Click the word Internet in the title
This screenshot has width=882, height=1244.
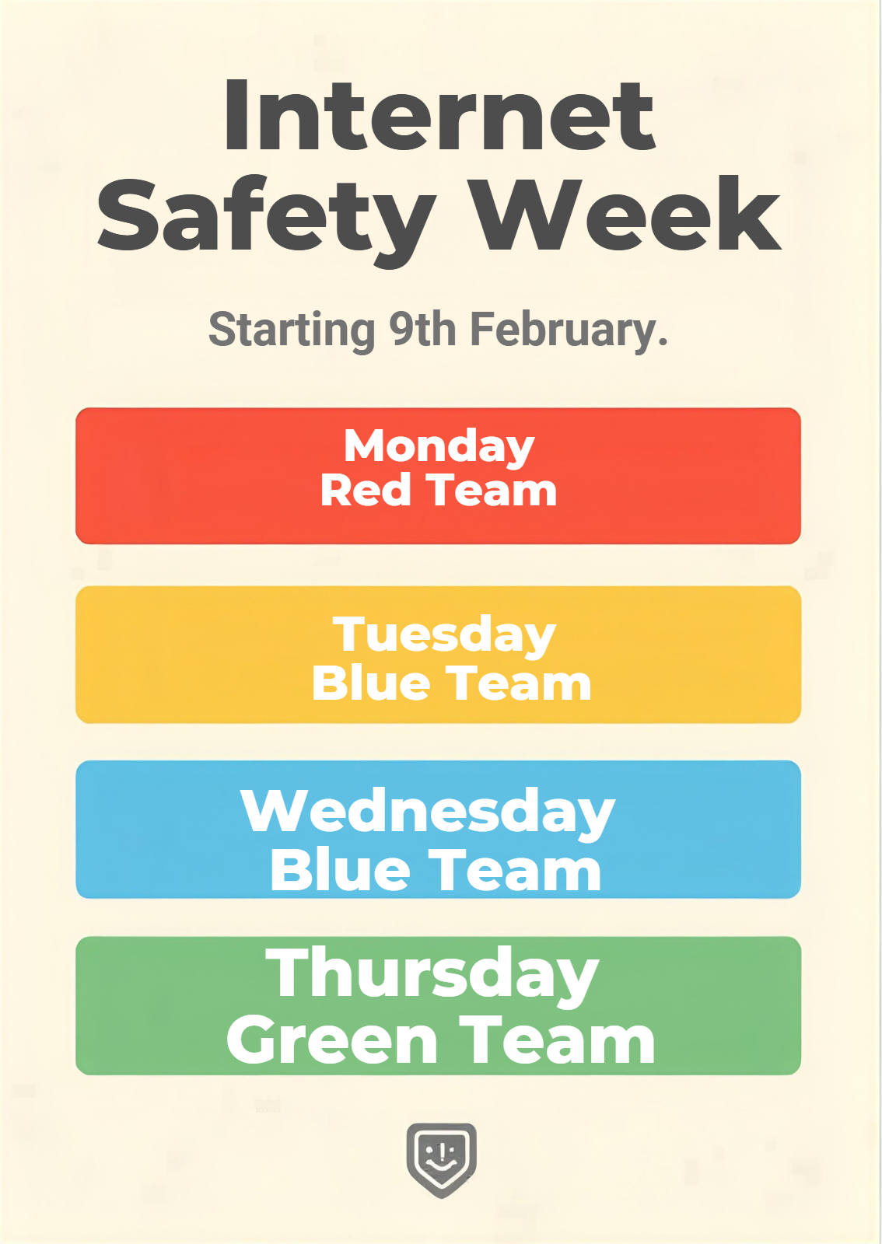click(439, 116)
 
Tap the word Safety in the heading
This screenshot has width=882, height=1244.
click(264, 222)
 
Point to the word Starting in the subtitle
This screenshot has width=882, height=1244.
click(292, 331)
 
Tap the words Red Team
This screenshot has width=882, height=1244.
click(439, 491)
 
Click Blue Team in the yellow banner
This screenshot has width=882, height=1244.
click(452, 683)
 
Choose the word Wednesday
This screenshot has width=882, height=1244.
click(428, 813)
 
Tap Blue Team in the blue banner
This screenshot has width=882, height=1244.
click(436, 870)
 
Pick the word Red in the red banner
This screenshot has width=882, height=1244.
click(366, 491)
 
